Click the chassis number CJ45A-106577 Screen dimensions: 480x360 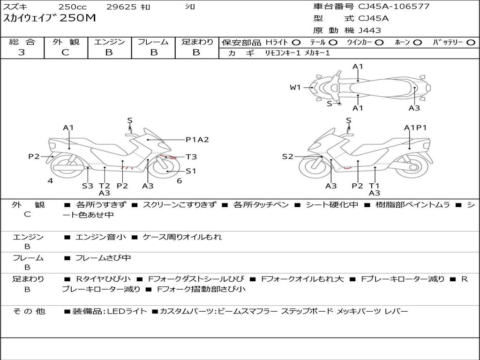[x=394, y=7]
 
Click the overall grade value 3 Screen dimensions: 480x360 [x=22, y=52]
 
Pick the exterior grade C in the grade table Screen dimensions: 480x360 [x=65, y=52]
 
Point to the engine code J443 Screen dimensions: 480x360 [x=370, y=30]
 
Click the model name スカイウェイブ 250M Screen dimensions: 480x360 [x=49, y=19]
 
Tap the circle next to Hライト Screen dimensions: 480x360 [x=296, y=43]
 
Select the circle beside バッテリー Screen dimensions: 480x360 [x=471, y=43]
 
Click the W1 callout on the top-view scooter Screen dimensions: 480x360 [x=295, y=87]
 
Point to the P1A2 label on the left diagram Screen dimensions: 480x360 [x=197, y=139]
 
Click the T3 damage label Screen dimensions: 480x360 [x=191, y=157]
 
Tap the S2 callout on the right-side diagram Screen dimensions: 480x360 [x=287, y=157]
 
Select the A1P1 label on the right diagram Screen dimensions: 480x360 [x=415, y=127]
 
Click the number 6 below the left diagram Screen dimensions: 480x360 [x=179, y=181]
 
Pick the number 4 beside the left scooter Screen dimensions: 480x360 [x=50, y=181]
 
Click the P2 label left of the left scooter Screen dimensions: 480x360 [x=34, y=157]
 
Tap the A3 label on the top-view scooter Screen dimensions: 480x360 [x=414, y=108]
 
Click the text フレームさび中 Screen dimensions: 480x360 [x=103, y=258]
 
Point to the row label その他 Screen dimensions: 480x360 [x=29, y=311]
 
